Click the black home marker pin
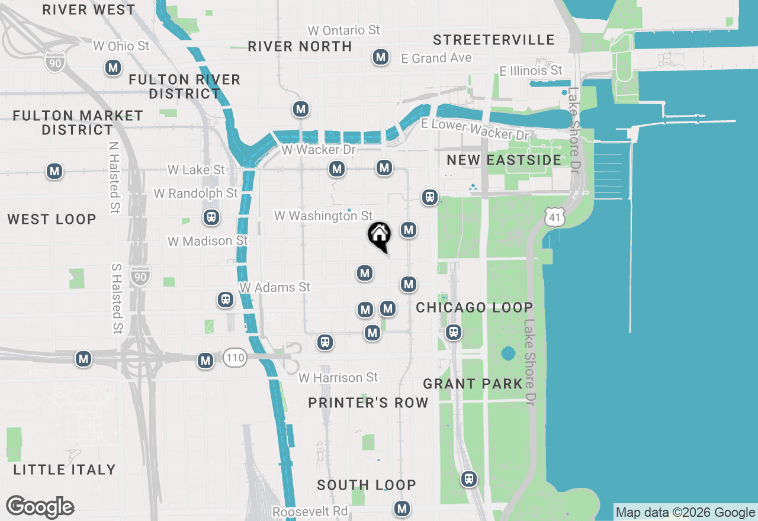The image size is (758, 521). point(379,235)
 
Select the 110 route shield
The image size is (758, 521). point(235,357)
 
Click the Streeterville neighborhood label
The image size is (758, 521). point(493,40)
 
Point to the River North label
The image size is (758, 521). point(300,46)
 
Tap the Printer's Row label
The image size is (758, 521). point(368,403)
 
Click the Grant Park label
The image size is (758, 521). point(473,384)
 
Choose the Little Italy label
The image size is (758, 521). point(64,469)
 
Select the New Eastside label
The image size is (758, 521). point(504,160)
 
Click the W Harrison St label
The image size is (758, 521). point(338,377)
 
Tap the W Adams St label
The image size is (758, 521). point(275,287)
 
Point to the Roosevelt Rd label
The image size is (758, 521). point(310,511)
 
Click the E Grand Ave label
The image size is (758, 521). point(436,58)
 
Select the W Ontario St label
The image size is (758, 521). point(343,30)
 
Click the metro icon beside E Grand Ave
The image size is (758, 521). point(380,57)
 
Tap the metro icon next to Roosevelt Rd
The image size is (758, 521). point(402,508)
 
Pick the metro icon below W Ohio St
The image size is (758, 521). point(113,67)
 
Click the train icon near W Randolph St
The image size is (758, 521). point(211,217)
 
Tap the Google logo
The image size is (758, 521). point(40,507)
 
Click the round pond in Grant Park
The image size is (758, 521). point(508,354)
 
